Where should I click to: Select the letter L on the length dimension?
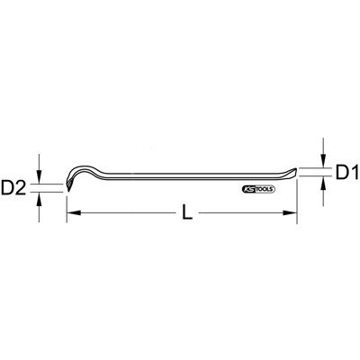click(x=185, y=213)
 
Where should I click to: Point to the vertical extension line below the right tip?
click(x=297, y=198)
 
